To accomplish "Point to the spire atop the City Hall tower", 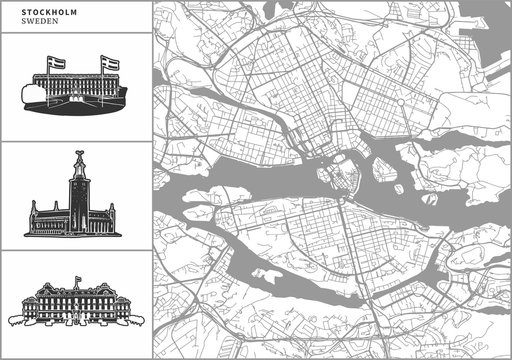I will coord(76,157).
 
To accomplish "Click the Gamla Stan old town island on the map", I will coord(345,178).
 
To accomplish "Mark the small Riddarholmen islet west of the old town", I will coord(326,176).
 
